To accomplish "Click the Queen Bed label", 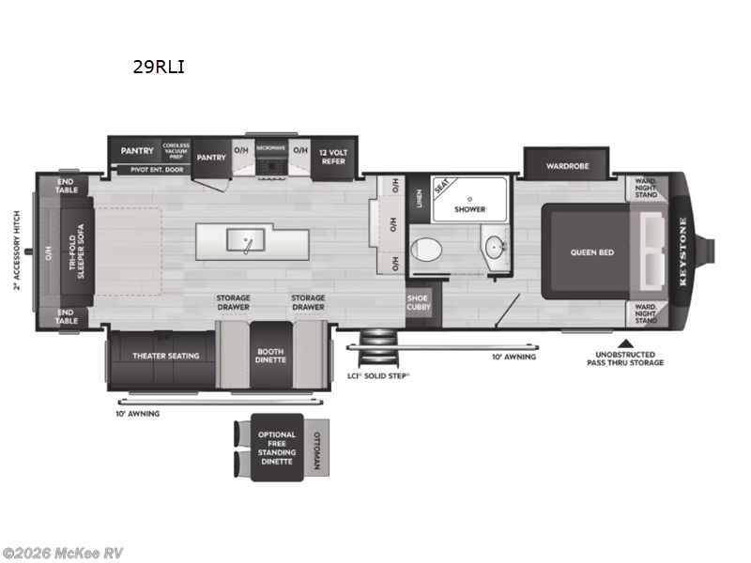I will (592, 251).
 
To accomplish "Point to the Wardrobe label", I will (568, 166).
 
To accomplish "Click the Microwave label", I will (271, 148).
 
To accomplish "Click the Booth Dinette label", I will (270, 357).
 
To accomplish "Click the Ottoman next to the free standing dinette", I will (315, 449).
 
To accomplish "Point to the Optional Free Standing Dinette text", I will (277, 448).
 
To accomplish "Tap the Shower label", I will (470, 209).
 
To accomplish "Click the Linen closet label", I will (419, 199).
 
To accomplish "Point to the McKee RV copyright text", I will (63, 553).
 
